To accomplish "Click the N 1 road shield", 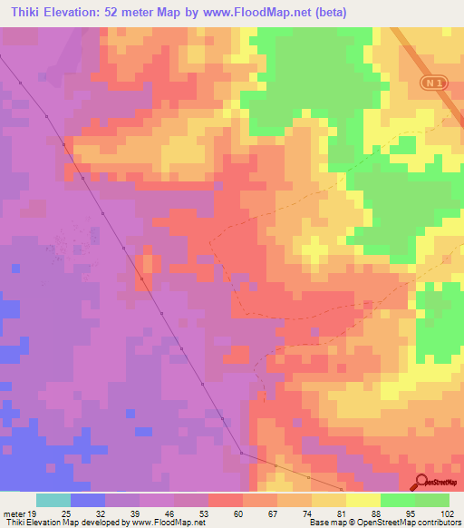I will click(x=432, y=83).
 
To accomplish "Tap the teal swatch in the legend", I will click(x=53, y=500).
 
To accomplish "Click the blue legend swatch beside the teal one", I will click(x=88, y=500).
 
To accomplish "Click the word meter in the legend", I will click(x=16, y=513).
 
